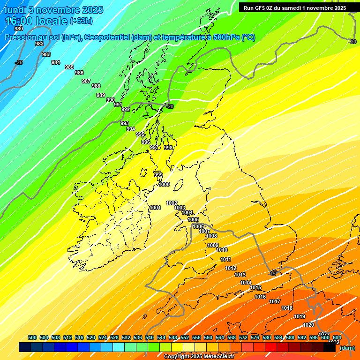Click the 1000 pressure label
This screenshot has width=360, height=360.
coord(164,184)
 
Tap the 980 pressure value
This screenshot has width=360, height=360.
coord(19,29)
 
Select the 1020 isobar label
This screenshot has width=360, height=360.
coord(308,325)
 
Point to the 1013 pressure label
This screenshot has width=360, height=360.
coord(240,275)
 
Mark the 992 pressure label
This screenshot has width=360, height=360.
coord(126,109)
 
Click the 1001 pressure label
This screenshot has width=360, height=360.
coord(155,208)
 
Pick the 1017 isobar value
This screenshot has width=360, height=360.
coord(275,301)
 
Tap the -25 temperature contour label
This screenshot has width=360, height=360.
coord(19,62)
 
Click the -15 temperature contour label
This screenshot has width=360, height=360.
coord(273,273)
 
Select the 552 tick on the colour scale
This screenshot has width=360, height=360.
coord(185,337)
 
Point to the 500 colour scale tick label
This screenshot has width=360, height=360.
coord(32,337)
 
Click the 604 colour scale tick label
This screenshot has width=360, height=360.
coord(337,337)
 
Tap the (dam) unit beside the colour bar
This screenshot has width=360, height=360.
coord(347,348)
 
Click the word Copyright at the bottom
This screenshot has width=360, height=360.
coord(177,357)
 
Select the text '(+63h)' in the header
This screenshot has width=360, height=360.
coord(81,21)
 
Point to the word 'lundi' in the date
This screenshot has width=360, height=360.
coord(15,10)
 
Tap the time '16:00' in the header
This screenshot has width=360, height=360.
coord(20,21)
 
